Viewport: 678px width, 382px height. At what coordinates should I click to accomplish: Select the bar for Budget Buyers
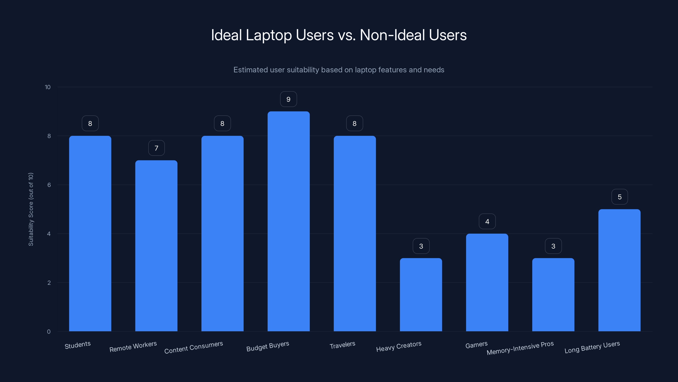pyautogui.click(x=288, y=221)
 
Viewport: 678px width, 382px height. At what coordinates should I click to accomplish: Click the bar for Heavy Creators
pyautogui.click(x=421, y=295)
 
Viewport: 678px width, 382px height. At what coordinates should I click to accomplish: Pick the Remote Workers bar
pyautogui.click(x=156, y=246)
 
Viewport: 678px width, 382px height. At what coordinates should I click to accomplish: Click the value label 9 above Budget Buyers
pyautogui.click(x=288, y=99)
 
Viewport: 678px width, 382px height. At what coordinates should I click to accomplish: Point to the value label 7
pyautogui.click(x=156, y=148)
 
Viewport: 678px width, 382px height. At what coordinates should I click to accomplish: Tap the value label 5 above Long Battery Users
pyautogui.click(x=620, y=197)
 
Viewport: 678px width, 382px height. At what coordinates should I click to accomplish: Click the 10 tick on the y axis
pyautogui.click(x=48, y=87)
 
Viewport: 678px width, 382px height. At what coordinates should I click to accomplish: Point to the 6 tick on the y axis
pyautogui.click(x=49, y=185)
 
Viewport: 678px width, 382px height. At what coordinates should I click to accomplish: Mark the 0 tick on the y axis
pyautogui.click(x=49, y=332)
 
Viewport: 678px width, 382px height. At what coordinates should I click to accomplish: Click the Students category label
pyautogui.click(x=78, y=345)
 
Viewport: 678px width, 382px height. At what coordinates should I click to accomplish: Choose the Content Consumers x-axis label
pyautogui.click(x=193, y=347)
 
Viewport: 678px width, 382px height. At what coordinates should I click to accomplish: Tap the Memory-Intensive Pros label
pyautogui.click(x=520, y=348)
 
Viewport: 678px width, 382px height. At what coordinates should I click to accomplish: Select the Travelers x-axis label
pyautogui.click(x=342, y=345)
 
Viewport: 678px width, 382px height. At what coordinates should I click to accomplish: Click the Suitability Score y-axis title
pyautogui.click(x=31, y=209)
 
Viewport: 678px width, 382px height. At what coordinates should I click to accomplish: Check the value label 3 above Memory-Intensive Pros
pyautogui.click(x=553, y=246)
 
